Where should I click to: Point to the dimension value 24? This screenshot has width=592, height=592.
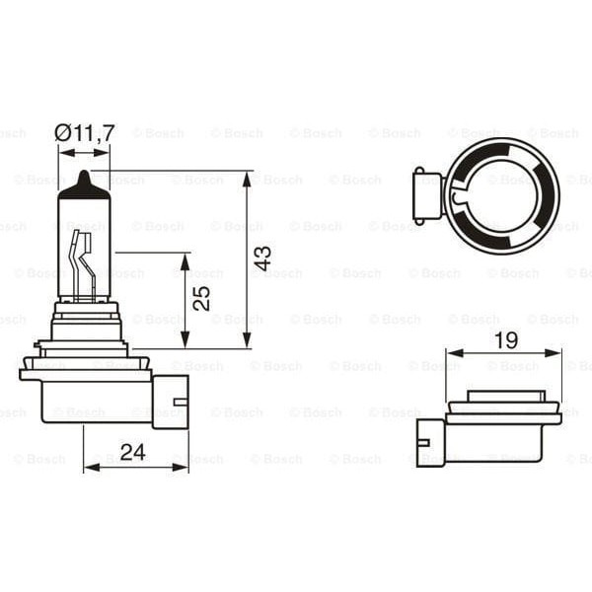[133, 452]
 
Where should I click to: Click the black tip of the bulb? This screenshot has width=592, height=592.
[85, 185]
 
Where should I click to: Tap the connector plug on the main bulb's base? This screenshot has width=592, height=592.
[169, 400]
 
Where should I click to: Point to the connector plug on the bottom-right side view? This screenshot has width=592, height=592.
[430, 440]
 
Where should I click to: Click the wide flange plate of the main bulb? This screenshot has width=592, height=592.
[85, 374]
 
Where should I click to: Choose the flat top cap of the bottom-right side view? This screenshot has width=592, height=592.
[504, 396]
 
